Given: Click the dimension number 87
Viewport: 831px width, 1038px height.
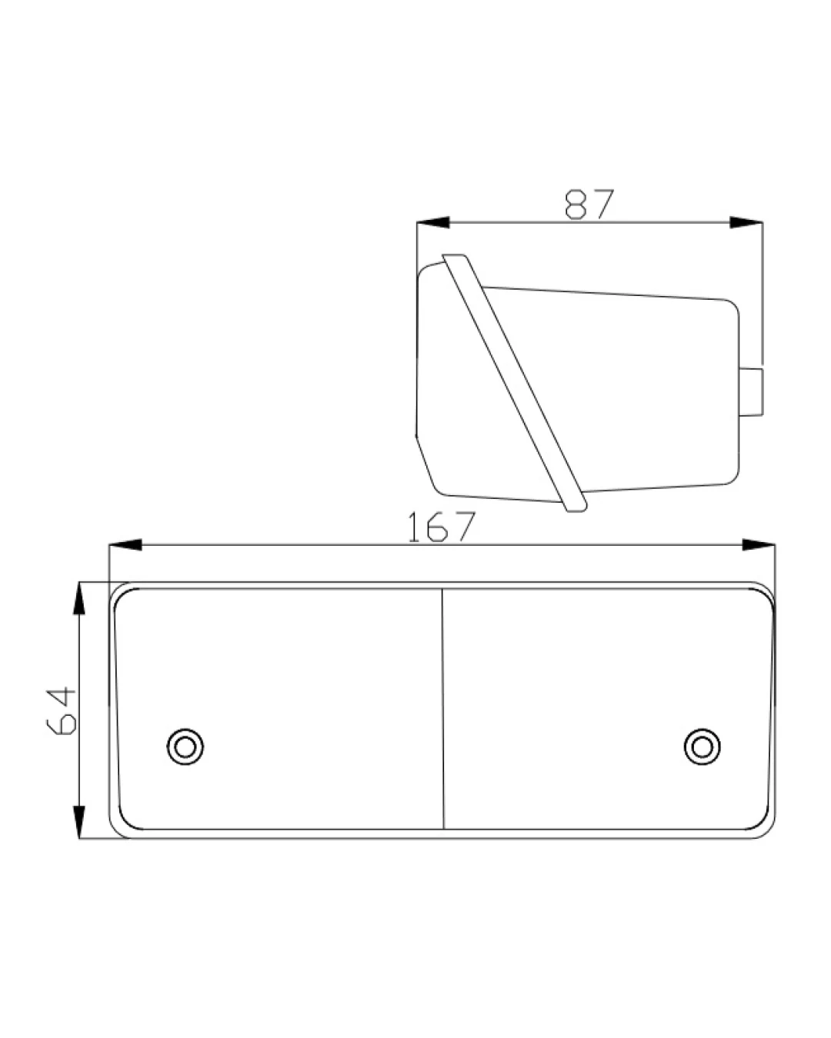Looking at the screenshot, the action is coord(589,204).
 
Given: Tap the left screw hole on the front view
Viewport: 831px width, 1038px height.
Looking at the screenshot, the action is coord(185,747).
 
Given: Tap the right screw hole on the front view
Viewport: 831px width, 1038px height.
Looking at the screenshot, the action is coord(702,747).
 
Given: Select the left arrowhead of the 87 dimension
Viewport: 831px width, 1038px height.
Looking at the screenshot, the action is coord(433,222).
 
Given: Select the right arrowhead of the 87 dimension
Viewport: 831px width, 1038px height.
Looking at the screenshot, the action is coord(746,222).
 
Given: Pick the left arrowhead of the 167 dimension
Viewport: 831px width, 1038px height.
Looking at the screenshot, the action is coord(125,544).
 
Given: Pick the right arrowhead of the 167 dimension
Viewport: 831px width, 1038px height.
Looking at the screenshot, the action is coord(759,544).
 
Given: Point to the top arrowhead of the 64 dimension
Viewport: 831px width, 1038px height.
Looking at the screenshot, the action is coord(78,599).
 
